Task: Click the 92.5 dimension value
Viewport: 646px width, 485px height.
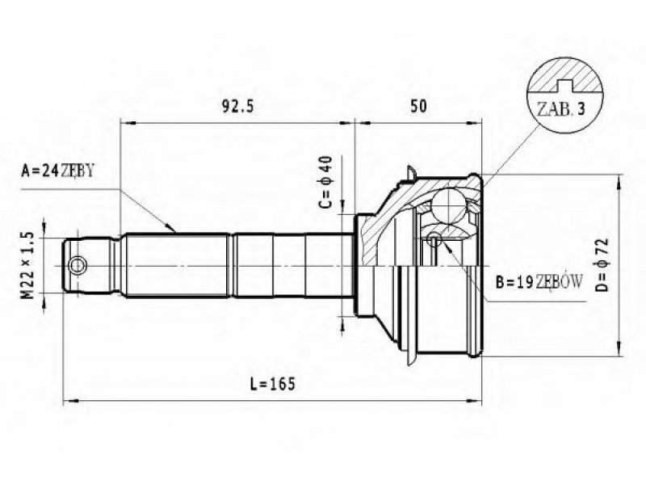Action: pyautogui.click(x=238, y=107)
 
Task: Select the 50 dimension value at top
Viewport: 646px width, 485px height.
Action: pyautogui.click(x=418, y=106)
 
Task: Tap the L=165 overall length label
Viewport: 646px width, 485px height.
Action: pyautogui.click(x=273, y=384)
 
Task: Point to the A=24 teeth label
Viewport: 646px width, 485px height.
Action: pyautogui.click(x=57, y=170)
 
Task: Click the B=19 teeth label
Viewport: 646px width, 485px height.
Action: pyautogui.click(x=539, y=282)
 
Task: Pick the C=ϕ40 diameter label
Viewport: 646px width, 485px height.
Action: pyautogui.click(x=326, y=182)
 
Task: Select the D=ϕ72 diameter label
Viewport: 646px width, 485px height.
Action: pyautogui.click(x=602, y=265)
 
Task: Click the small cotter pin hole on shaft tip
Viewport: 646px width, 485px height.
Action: pyautogui.click(x=77, y=265)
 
